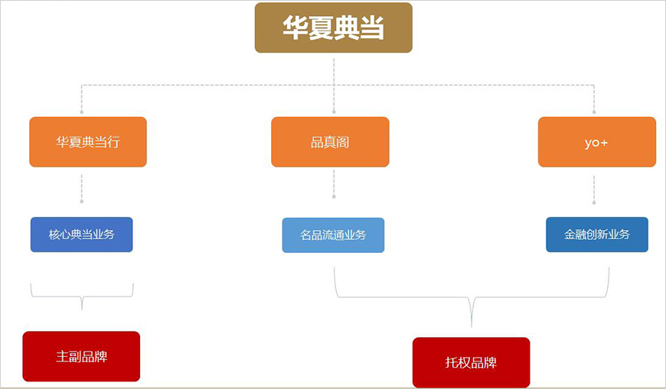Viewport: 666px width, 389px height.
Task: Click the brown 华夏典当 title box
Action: pos(333,28)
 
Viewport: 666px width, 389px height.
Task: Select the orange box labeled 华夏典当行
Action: pos(88,142)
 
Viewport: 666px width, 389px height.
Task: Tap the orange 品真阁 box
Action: pos(330,142)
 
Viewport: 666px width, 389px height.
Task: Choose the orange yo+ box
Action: pos(596,142)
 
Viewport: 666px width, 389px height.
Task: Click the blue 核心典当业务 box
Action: pos(81,235)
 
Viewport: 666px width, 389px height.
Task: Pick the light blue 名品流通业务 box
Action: pos(333,235)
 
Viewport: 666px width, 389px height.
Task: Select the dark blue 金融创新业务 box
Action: pos(597,235)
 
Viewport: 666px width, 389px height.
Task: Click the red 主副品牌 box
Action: pos(81,356)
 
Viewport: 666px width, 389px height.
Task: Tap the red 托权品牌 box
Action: pos(471,362)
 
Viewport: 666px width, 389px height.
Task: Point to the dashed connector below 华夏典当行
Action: pos(81,187)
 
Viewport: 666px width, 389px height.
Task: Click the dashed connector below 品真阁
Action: pos(334,183)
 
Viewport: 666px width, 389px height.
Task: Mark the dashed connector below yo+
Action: pos(594,190)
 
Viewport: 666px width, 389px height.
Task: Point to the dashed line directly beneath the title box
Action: pos(334,69)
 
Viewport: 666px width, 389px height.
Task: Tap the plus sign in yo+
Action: pos(604,143)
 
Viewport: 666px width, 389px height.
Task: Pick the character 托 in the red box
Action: pos(452,363)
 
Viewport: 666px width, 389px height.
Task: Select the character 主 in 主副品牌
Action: pos(62,357)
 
